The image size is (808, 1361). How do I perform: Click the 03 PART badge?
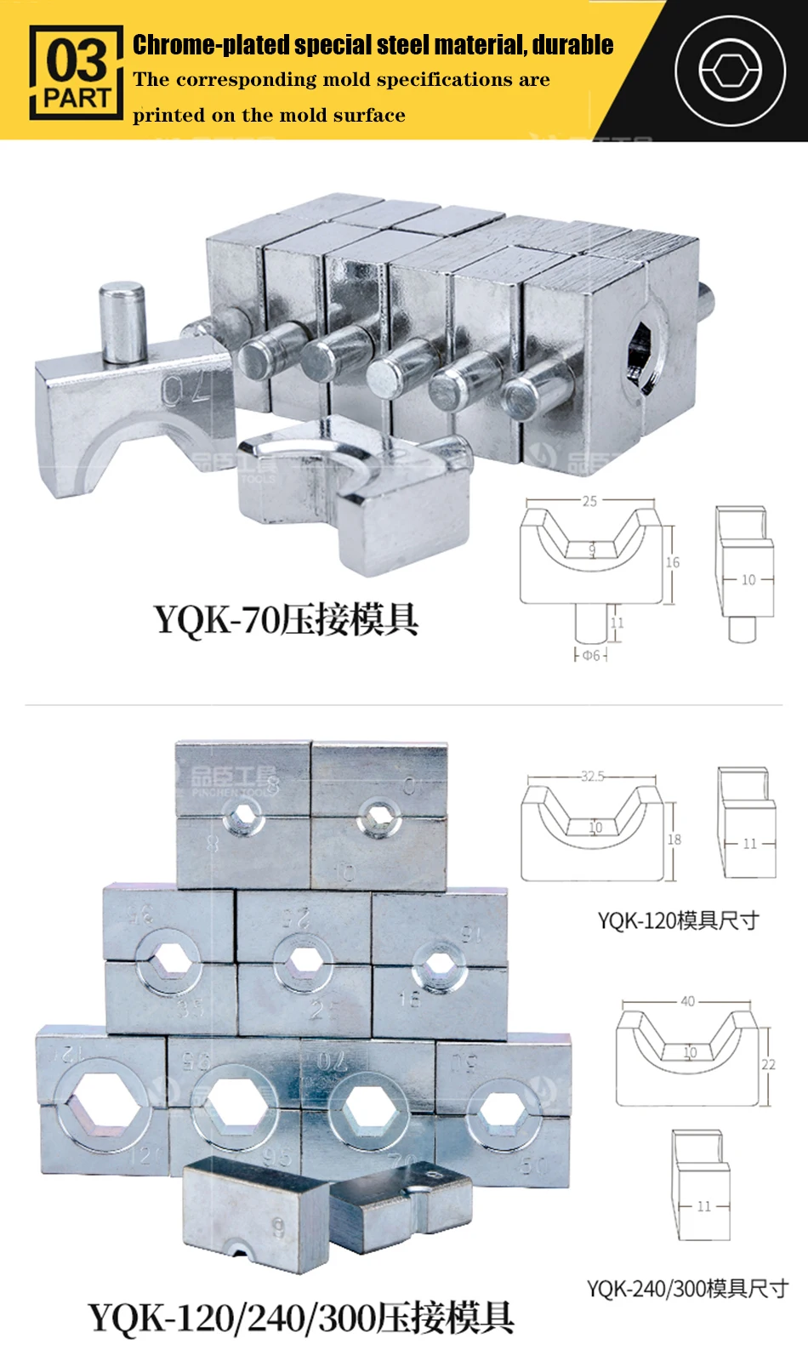77,72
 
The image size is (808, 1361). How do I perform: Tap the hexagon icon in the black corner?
730,71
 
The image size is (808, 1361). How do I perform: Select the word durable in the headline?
573,44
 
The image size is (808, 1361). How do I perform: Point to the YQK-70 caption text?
286,619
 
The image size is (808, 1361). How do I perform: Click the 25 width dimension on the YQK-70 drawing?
589,501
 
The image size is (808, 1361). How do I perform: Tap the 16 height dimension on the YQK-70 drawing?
673,562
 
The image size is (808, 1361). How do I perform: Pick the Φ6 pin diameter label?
591,655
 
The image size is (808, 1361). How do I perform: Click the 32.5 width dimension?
593,776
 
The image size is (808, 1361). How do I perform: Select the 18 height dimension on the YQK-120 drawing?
674,840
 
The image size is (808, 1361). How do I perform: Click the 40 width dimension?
687,1001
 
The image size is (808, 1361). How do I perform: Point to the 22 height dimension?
769,1064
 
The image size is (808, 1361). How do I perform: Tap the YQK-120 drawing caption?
678,920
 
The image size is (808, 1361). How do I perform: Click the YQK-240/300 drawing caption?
687,1289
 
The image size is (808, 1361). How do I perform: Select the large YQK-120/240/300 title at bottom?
301,1318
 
